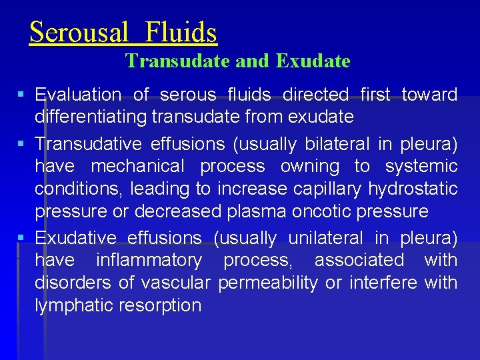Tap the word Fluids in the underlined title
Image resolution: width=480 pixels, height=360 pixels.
click(x=181, y=32)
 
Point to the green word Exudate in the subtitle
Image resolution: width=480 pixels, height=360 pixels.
click(x=313, y=61)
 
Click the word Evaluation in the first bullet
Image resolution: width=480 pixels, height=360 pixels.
click(x=77, y=95)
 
